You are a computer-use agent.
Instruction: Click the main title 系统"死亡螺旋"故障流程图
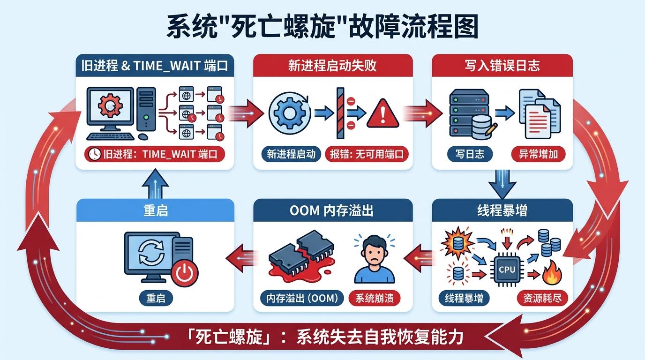(x=322, y=27)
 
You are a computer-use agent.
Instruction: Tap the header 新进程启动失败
(x=332, y=65)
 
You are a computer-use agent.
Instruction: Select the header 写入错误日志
(x=502, y=65)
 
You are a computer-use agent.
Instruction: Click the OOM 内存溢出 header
(x=332, y=210)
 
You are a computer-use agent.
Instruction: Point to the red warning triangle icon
(x=382, y=113)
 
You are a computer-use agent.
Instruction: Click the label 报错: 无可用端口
(x=367, y=154)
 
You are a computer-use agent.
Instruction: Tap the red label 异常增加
(x=538, y=154)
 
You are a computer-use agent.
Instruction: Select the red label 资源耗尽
(x=542, y=298)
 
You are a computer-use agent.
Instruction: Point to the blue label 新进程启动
(x=291, y=154)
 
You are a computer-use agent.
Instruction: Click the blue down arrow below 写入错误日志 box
(x=502, y=184)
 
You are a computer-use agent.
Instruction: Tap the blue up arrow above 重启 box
(x=155, y=184)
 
